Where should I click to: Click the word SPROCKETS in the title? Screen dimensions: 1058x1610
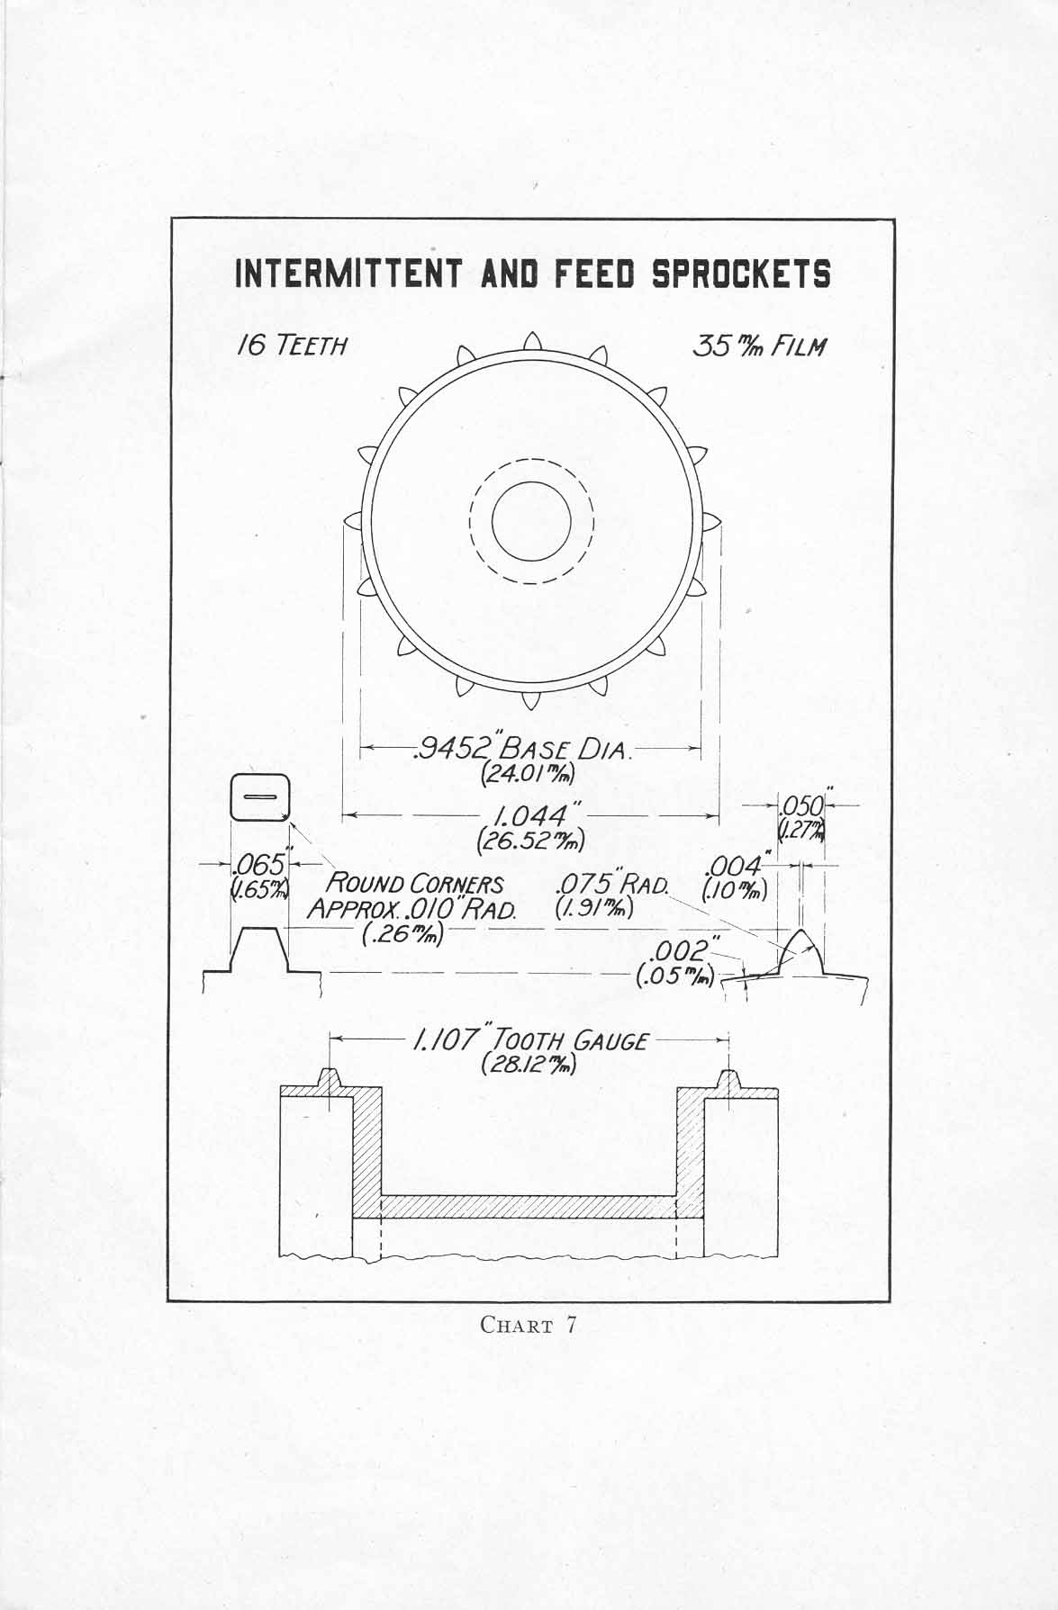[x=741, y=273]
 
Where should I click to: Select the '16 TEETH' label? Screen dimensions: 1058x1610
[x=291, y=345]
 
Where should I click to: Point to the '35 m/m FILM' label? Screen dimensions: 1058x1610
[x=758, y=345]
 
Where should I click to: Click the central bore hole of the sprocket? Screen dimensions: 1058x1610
[x=531, y=521]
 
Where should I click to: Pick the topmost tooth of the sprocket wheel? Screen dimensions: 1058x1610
[x=530, y=340]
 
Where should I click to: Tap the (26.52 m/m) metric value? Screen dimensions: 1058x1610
[x=531, y=842]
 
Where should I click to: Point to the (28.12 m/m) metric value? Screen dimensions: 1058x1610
[x=529, y=1065]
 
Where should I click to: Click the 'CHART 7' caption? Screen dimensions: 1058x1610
[x=529, y=1325]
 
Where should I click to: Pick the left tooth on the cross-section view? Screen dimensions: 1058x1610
[x=331, y=1077]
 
